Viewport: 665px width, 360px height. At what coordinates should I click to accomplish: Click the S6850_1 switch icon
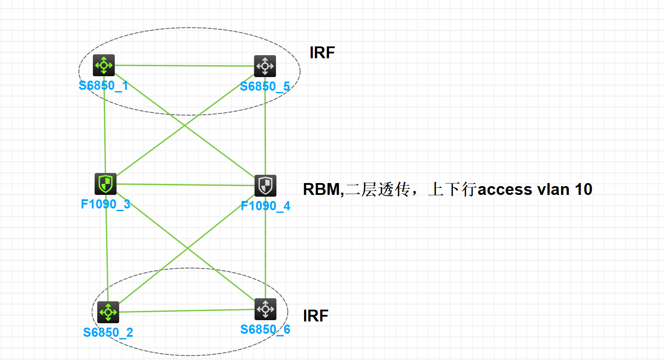104,65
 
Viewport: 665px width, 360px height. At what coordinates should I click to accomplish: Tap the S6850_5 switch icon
265,66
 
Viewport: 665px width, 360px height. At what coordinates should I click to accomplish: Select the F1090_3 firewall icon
106,184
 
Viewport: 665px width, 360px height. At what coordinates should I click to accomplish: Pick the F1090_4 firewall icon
265,186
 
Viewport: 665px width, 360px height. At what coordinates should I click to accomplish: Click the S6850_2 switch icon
108,312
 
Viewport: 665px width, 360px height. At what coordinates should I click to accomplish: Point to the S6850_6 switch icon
265,309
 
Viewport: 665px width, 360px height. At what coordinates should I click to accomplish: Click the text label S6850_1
103,85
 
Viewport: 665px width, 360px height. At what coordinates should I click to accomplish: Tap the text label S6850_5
265,86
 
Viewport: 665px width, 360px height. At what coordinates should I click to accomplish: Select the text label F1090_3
106,204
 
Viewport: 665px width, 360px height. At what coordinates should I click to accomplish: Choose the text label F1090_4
265,206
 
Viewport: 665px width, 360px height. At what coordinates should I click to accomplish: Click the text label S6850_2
108,332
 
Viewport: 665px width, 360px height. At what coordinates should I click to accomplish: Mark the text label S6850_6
265,329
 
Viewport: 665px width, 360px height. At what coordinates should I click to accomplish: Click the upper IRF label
322,53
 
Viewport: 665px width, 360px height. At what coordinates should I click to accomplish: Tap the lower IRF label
315,316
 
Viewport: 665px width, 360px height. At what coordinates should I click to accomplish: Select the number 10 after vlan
584,190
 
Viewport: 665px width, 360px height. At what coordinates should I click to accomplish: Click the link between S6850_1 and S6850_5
184,66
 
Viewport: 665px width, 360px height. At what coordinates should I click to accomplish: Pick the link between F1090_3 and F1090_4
184,185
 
